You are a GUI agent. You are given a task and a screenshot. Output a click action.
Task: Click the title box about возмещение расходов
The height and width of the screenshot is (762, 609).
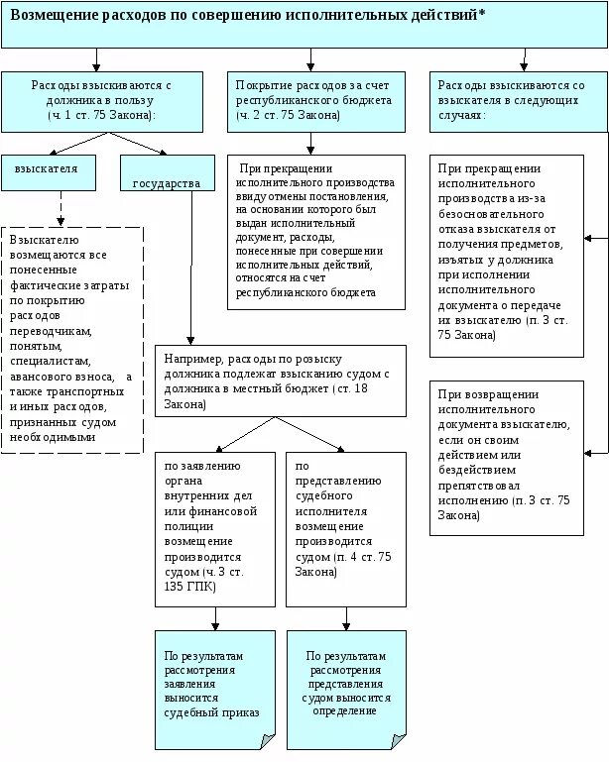304,24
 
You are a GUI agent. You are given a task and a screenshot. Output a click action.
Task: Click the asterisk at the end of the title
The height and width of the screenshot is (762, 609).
482,18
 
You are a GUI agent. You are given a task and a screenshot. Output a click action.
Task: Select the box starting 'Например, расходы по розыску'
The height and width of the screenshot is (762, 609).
281,381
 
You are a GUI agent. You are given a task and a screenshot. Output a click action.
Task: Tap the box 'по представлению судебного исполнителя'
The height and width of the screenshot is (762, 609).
345,528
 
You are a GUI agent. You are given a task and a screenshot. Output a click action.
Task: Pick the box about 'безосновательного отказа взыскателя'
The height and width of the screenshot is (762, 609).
506,257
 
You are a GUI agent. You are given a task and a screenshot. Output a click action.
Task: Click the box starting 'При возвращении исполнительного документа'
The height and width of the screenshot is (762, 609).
506,458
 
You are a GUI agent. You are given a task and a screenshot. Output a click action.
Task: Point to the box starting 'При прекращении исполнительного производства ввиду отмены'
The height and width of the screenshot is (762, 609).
316,232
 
